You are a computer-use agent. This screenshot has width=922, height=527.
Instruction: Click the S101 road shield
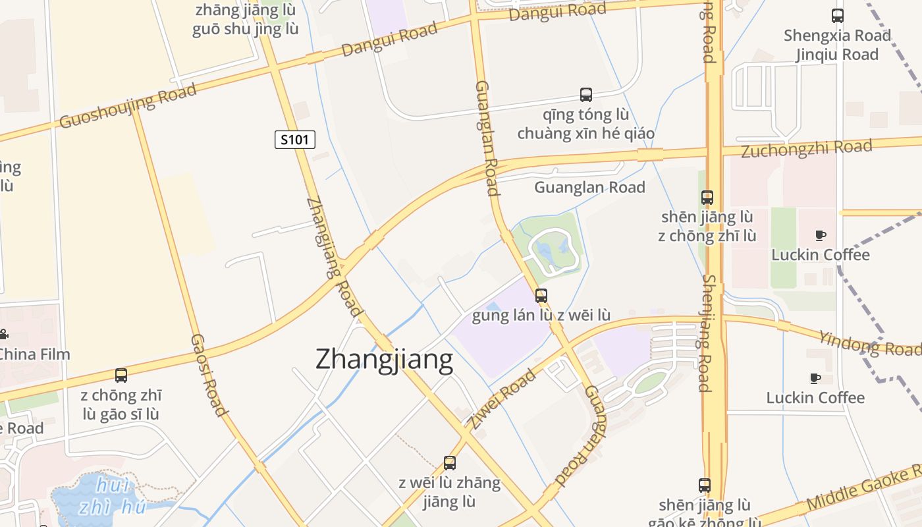pyautogui.click(x=295, y=140)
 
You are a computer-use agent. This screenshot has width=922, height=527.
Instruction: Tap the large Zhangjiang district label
pyautogui.click(x=384, y=360)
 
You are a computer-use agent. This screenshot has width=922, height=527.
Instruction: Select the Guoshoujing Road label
pyautogui.click(x=128, y=106)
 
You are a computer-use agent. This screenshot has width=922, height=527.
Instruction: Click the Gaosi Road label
pyautogui.click(x=208, y=375)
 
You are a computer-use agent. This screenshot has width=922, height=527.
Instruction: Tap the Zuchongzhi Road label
pyautogui.click(x=807, y=148)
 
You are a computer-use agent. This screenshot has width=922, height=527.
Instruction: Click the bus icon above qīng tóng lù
pyautogui.click(x=586, y=95)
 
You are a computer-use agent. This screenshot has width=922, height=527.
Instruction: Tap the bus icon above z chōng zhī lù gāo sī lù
pyautogui.click(x=121, y=375)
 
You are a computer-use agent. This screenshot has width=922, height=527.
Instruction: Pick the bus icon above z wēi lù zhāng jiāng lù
pyautogui.click(x=450, y=463)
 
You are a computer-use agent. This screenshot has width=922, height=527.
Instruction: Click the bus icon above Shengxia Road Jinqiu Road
pyautogui.click(x=838, y=16)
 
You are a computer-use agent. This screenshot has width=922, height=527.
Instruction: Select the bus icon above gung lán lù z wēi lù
pyautogui.click(x=541, y=296)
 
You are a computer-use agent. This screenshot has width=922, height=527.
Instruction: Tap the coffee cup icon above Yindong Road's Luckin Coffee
pyautogui.click(x=815, y=378)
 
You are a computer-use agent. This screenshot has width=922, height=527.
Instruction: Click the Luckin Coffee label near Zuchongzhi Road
pyautogui.click(x=821, y=255)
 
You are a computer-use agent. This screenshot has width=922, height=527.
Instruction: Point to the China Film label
pyautogui.click(x=34, y=354)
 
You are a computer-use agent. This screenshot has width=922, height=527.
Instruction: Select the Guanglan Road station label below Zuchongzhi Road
pyautogui.click(x=589, y=188)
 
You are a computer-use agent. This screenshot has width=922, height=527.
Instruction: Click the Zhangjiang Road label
pyautogui.click(x=335, y=257)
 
